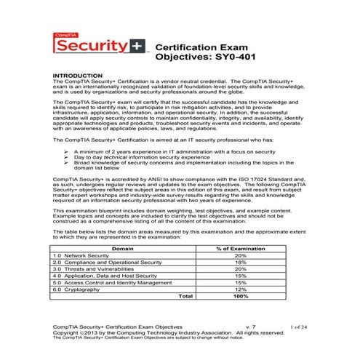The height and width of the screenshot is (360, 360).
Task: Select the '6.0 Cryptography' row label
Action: point(79,289)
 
